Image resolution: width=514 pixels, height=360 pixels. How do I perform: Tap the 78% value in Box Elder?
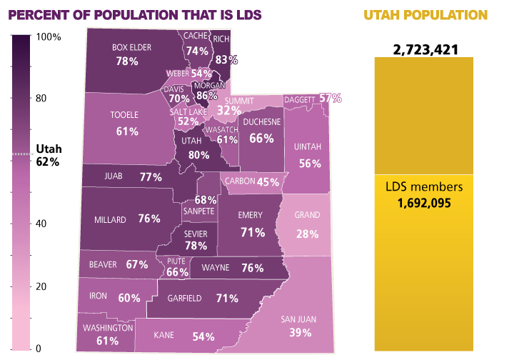click(x=127, y=61)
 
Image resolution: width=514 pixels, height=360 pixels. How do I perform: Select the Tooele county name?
click(x=124, y=114)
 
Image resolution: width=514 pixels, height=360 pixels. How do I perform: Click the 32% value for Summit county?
click(x=228, y=111)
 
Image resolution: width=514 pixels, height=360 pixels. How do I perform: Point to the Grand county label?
click(x=308, y=215)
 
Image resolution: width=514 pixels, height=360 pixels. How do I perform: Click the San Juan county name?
click(x=298, y=319)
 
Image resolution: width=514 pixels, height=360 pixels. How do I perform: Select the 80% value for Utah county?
click(x=198, y=154)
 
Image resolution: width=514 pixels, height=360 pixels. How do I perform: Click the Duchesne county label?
click(x=262, y=121)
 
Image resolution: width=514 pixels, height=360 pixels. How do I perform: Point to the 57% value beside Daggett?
click(x=330, y=98)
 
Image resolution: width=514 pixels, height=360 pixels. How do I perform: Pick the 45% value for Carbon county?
click(x=268, y=182)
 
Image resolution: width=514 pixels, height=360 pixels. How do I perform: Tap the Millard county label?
click(x=110, y=219)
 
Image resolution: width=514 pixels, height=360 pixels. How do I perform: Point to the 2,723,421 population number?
click(x=425, y=49)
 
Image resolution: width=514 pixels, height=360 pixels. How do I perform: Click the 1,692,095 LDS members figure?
click(x=424, y=203)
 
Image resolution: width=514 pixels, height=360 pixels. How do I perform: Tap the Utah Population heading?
click(x=425, y=15)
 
